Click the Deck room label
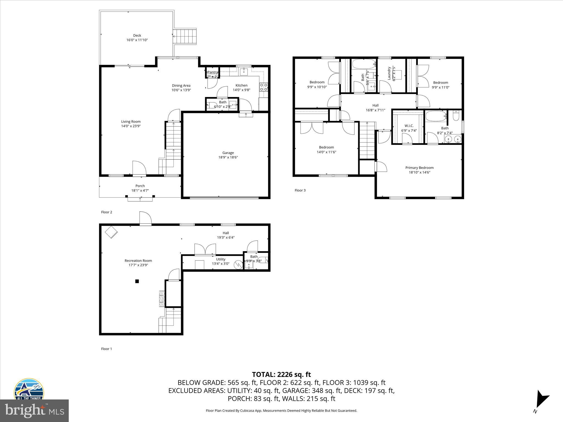point(137,35)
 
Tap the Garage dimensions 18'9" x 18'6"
point(228,157)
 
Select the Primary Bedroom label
point(419,168)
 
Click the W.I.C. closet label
point(409,126)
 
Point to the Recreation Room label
point(138,260)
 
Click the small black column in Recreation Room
point(137,281)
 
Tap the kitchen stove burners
point(264,87)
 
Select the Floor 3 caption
point(300,190)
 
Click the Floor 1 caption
point(106,349)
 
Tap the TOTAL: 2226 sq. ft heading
point(281,374)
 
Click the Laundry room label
point(389,73)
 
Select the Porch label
point(140,186)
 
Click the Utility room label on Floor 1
point(220,259)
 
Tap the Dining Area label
point(181,85)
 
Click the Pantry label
point(212,72)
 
